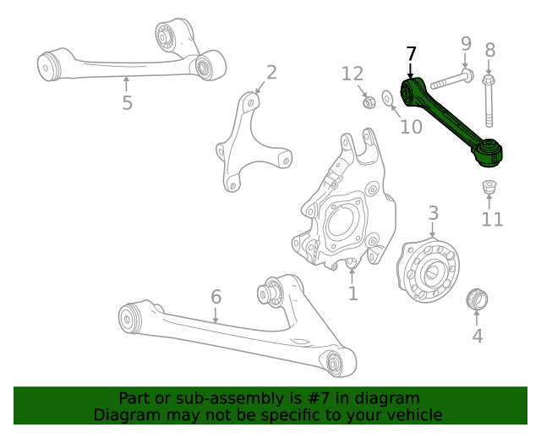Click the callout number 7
(x=411, y=54)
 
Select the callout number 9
(x=465, y=43)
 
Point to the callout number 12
(x=352, y=74)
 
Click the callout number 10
(x=411, y=127)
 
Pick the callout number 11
(x=492, y=220)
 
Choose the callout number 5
(x=127, y=103)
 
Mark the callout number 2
(x=271, y=72)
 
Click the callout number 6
(x=216, y=297)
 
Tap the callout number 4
(x=477, y=336)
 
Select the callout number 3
(x=432, y=212)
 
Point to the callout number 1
(x=352, y=293)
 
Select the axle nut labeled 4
(x=477, y=299)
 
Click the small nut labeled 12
(x=369, y=102)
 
